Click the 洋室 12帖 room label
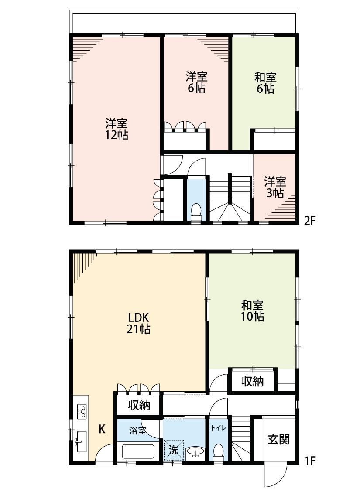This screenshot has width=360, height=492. (117, 129)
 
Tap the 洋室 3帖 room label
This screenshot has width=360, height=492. (275, 187)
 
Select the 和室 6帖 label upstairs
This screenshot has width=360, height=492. (265, 83)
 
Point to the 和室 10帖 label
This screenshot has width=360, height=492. (252, 311)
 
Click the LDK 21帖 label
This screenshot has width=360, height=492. (138, 323)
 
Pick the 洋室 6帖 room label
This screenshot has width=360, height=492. (196, 82)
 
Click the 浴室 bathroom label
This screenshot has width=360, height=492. (138, 430)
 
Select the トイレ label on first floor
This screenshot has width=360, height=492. (218, 428)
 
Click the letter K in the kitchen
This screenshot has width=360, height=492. (102, 429)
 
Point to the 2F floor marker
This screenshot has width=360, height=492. (309, 221)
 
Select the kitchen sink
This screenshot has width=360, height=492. (81, 441)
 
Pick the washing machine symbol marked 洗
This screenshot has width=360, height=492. (174, 450)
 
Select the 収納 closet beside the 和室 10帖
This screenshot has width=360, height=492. (253, 381)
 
